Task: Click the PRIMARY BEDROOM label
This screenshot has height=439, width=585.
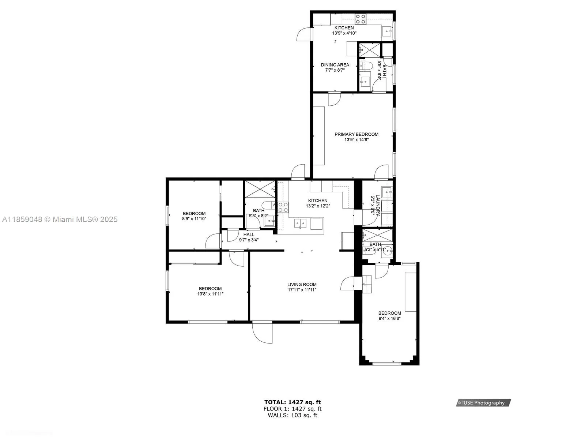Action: tap(356, 134)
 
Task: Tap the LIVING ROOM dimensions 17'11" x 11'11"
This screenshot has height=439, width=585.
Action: tap(302, 290)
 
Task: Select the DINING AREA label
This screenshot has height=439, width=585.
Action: tap(335, 65)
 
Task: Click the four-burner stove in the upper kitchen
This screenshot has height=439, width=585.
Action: tap(361, 19)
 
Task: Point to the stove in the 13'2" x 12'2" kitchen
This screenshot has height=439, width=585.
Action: tap(283, 207)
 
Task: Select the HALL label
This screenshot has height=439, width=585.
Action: tap(249, 234)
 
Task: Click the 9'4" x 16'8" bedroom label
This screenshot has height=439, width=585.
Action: tap(389, 313)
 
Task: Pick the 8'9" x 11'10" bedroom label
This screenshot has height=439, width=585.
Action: tap(194, 213)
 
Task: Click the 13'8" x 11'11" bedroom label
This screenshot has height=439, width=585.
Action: tap(210, 288)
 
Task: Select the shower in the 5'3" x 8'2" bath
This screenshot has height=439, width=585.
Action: tap(260, 189)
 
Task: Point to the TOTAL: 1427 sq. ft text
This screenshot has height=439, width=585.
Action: tap(292, 402)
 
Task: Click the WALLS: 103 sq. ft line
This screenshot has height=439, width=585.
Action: tap(292, 415)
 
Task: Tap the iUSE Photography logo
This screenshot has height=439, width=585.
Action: tap(483, 403)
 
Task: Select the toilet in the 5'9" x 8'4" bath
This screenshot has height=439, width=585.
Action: tap(366, 66)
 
